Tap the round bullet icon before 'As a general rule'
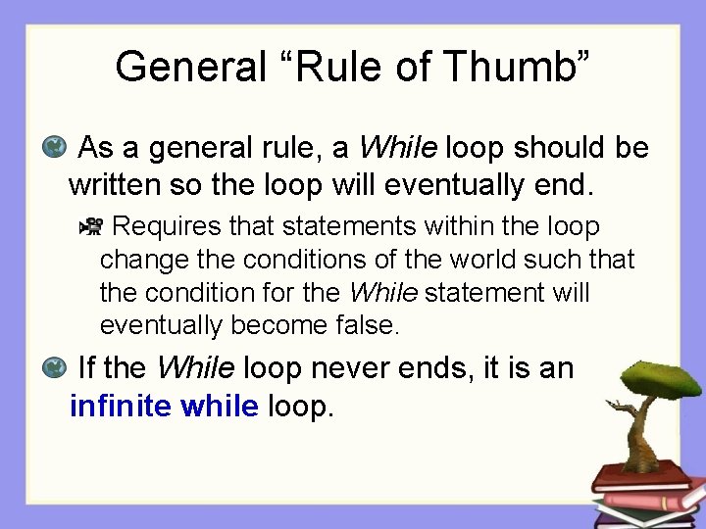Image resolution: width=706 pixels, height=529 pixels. pyautogui.click(x=56, y=148)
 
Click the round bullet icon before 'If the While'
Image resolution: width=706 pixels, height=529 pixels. pyautogui.click(x=56, y=368)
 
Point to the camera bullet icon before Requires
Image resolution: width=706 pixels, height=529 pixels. pyautogui.click(x=90, y=228)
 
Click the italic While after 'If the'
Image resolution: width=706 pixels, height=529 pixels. pyautogui.click(x=195, y=368)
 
